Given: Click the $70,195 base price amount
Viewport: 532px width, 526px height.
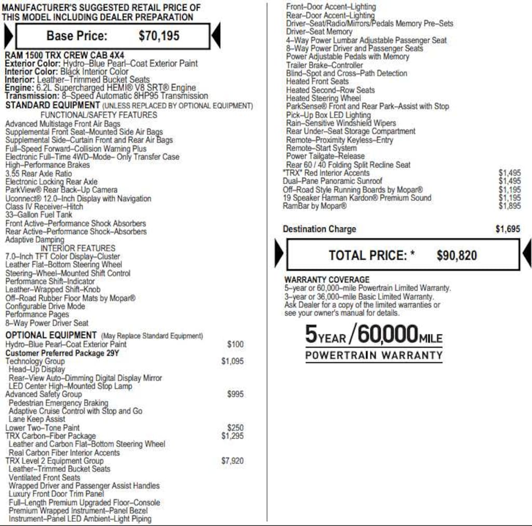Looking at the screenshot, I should coord(159,36).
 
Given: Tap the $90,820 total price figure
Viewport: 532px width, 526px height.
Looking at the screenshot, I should coord(457,255).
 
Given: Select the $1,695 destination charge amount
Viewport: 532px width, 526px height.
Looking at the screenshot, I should coord(508,229).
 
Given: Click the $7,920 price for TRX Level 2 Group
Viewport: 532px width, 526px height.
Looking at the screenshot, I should coord(232,461).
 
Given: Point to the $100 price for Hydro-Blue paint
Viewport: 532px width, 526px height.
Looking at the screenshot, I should coord(235,344).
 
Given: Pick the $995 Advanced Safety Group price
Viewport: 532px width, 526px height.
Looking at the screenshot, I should coord(235,394).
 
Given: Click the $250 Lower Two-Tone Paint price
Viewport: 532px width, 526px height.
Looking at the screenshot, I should coord(235,428).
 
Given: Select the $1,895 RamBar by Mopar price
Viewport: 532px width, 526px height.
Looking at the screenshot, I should coord(509,206).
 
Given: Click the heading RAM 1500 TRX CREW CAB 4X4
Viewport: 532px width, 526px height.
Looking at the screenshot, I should coord(64,55).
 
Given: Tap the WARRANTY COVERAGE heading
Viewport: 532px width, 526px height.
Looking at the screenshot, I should coord(327,279).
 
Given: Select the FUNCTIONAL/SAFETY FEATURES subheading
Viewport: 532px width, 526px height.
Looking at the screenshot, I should coord(99,115).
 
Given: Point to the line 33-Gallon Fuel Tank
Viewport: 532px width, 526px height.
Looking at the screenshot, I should coord(39,215).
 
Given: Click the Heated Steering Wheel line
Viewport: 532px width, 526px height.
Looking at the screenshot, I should coord(323,98).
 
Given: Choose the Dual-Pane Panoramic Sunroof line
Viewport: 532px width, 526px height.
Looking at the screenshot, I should coord(332,181).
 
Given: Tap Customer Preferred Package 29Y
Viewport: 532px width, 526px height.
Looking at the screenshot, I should coord(62,353).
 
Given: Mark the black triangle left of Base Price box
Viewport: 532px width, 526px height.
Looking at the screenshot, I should coord(8,36).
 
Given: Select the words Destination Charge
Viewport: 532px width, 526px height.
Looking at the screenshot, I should coord(320,229).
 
